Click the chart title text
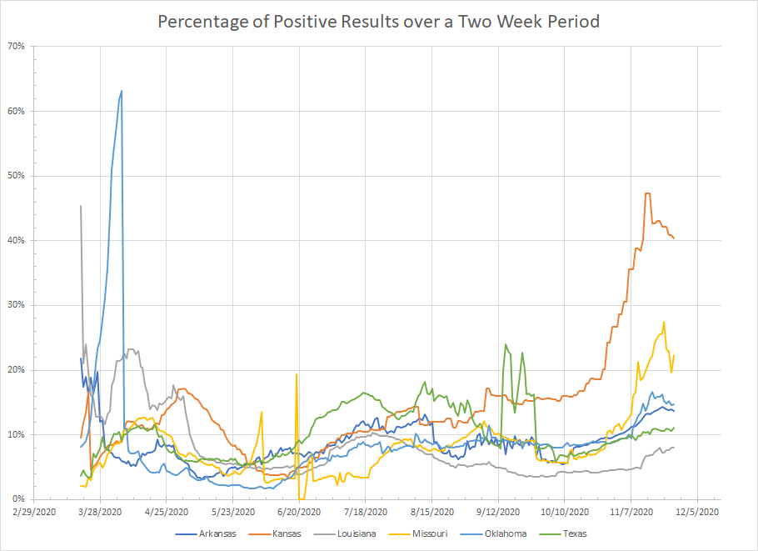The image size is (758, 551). coord(379,22)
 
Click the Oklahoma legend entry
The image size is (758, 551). coord(502,533)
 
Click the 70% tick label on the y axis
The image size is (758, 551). coord(17,46)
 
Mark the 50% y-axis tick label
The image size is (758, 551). coord(17,176)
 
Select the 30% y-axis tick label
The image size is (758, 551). coord(17,305)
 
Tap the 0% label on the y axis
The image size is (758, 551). coord(20,499)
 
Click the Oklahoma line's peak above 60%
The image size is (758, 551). coord(122,91)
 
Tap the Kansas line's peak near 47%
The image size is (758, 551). coord(647,193)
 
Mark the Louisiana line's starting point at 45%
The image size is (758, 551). coord(81,206)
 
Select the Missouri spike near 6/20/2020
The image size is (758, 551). coord(297,374)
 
